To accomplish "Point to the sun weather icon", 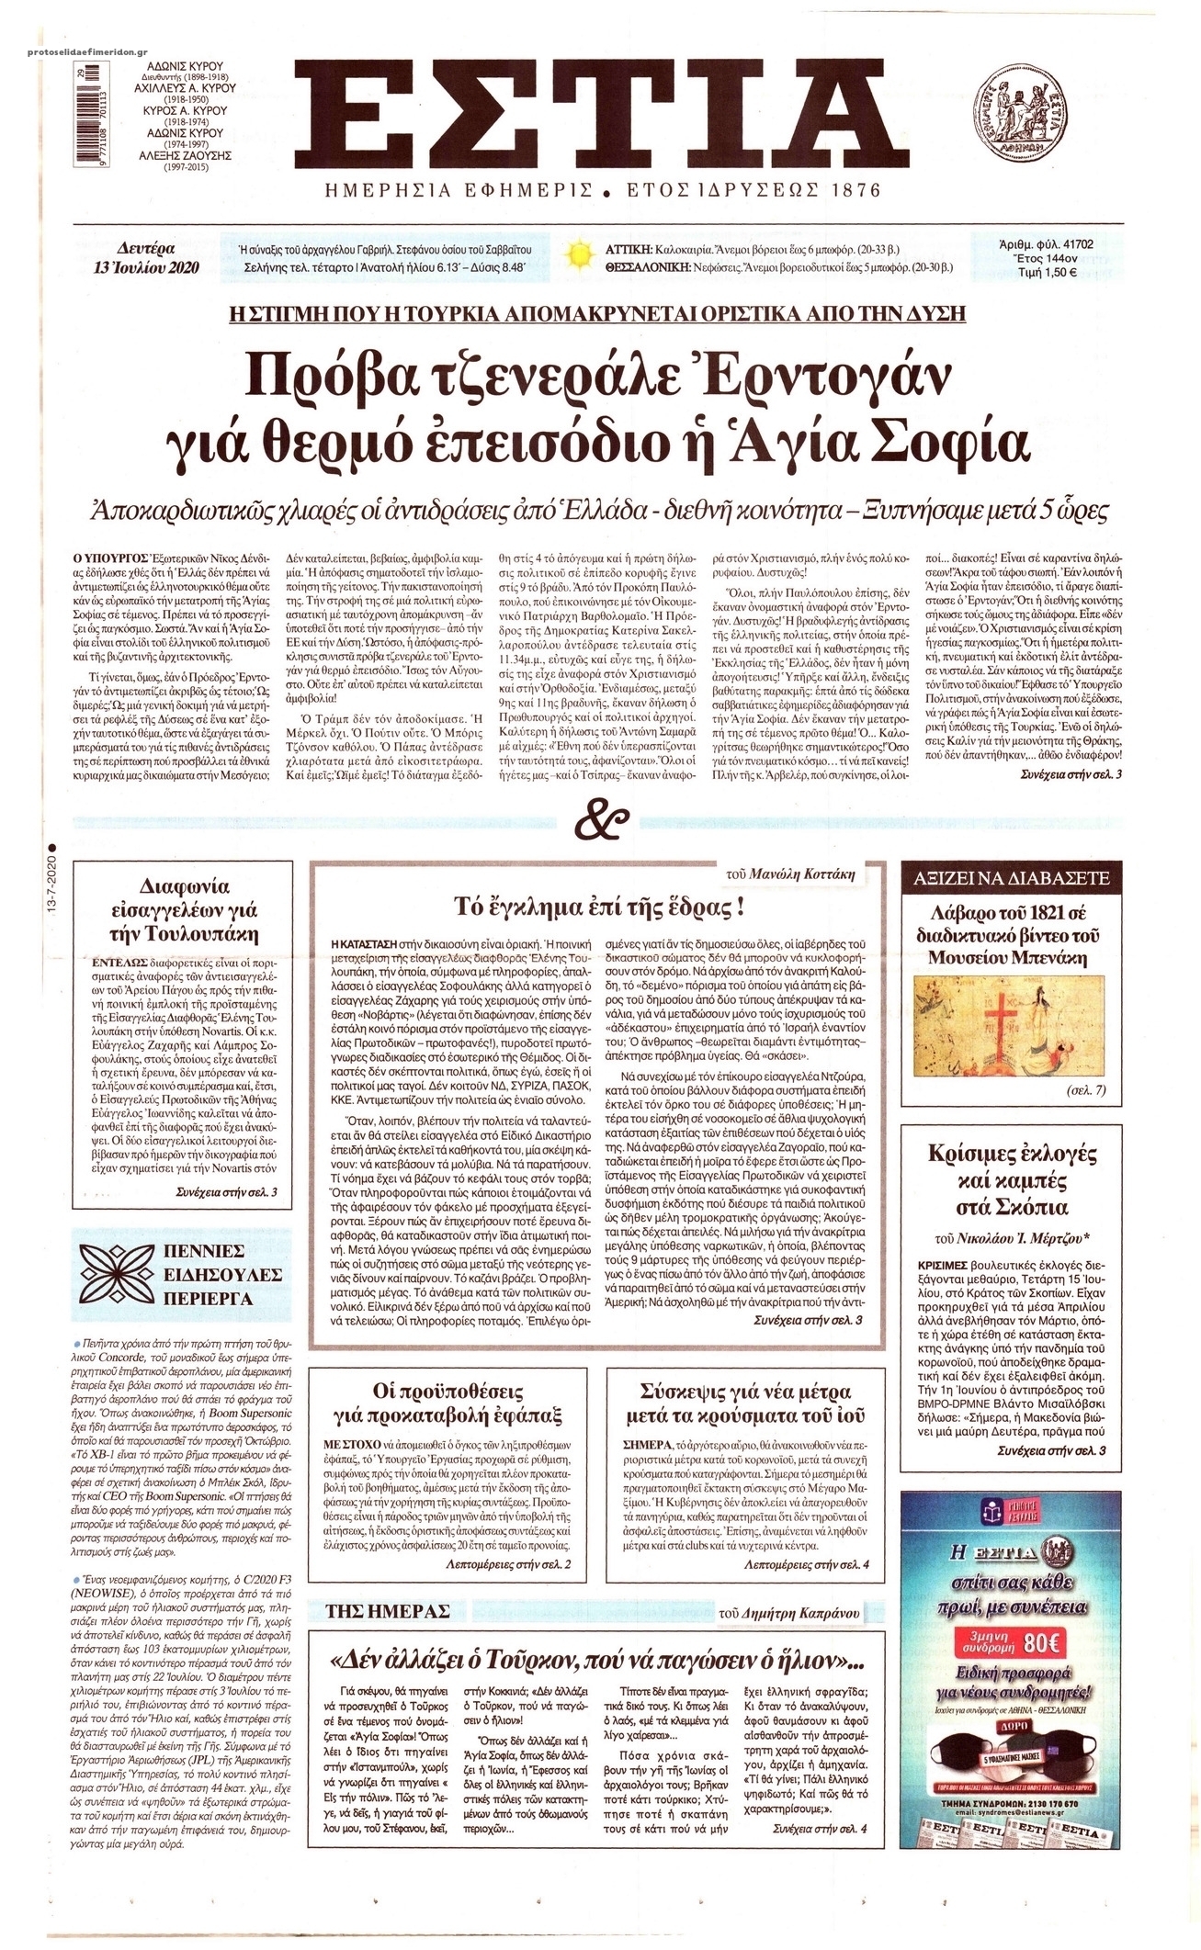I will point(579,254).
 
